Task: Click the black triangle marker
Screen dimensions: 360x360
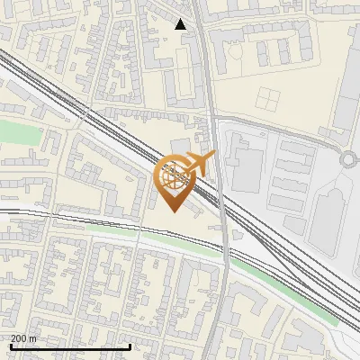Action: pos(181,24)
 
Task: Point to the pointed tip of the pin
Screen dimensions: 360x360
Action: pos(173,212)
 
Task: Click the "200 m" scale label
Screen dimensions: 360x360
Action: pos(23,338)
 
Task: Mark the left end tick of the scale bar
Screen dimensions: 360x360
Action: pos(11,346)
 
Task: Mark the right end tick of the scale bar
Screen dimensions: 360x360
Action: pos(130,346)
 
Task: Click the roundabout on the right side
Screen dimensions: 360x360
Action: pos(349,161)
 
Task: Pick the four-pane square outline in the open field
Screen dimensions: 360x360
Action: pos(269,99)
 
